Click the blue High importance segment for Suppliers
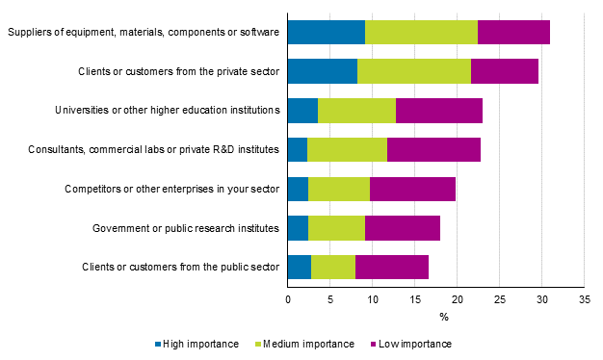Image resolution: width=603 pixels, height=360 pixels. pyautogui.click(x=327, y=32)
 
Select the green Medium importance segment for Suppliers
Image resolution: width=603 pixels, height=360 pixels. pyautogui.click(x=421, y=32)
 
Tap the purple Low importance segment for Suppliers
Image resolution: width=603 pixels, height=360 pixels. pyautogui.click(x=513, y=32)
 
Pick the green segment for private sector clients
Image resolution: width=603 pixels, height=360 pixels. pyautogui.click(x=414, y=71)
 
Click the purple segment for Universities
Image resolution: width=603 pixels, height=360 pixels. pyautogui.click(x=439, y=110)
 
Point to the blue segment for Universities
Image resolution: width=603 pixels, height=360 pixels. pyautogui.click(x=302, y=110)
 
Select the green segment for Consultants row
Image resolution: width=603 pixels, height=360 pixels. pyautogui.click(x=347, y=149)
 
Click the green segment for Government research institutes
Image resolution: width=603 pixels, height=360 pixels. pyautogui.click(x=336, y=227)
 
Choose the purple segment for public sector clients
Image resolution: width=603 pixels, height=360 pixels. pyautogui.click(x=392, y=266)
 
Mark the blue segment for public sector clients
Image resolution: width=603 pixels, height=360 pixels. pyautogui.click(x=300, y=266)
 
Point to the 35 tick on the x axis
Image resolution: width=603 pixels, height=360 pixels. pyautogui.click(x=584, y=300)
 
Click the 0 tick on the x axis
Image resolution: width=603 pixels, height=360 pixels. pyautogui.click(x=288, y=300)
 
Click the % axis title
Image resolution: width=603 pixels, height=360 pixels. pyautogui.click(x=444, y=318)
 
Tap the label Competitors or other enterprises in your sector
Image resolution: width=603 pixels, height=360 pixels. pyautogui.click(x=171, y=189)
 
